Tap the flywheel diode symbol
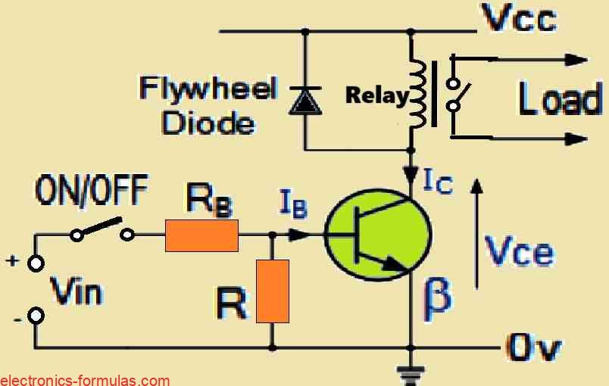(304, 101)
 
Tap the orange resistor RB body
(202, 235)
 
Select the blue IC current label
(437, 182)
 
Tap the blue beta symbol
(439, 294)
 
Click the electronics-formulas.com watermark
(85, 379)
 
